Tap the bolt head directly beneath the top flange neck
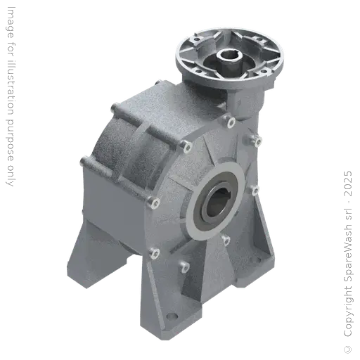pos(231,124)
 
